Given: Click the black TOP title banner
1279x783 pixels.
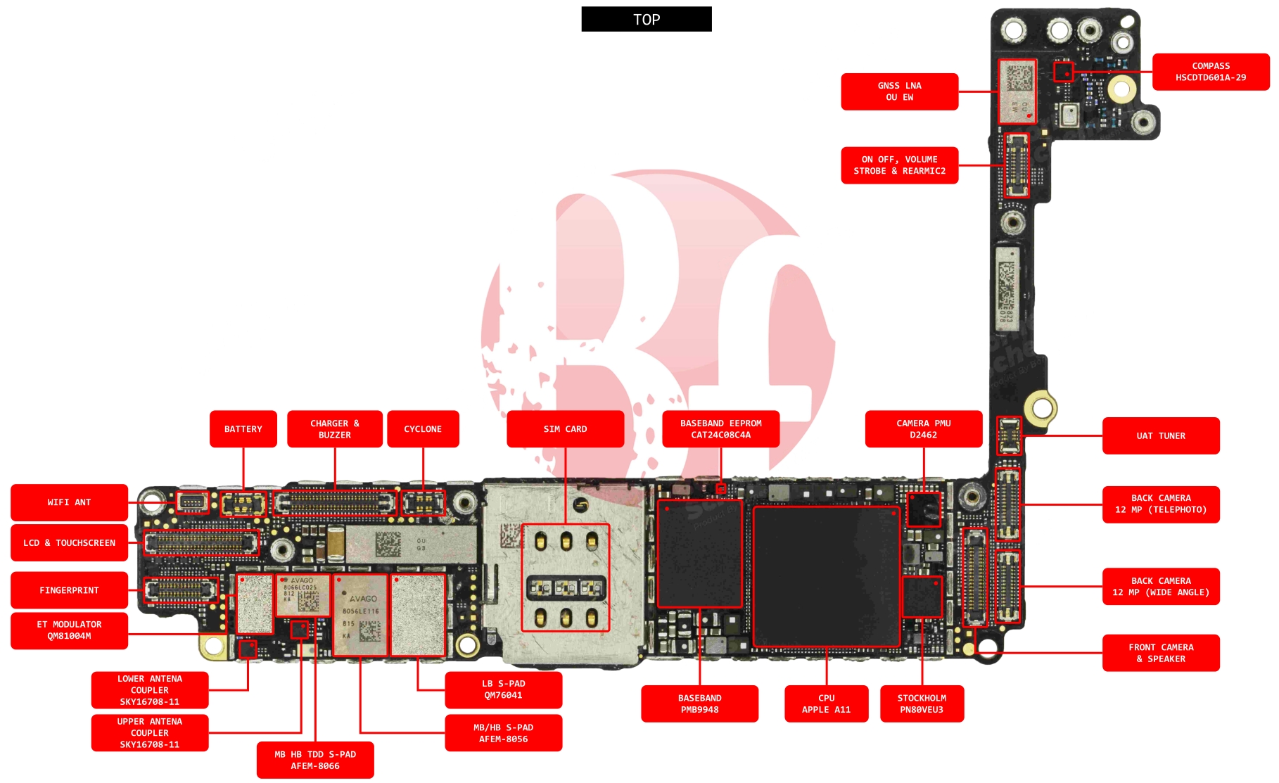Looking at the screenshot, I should click(x=646, y=19).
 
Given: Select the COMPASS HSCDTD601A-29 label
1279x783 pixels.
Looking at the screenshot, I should click(x=1210, y=72).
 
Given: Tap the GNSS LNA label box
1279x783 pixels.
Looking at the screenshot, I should click(x=899, y=91).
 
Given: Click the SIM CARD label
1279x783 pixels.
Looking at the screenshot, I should click(x=565, y=428).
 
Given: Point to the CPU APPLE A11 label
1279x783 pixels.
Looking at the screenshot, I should click(x=826, y=704).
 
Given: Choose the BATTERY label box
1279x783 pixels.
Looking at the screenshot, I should click(x=243, y=428).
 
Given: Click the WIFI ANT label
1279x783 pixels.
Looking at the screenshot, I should click(x=69, y=502).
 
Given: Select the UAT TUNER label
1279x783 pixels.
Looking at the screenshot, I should click(x=1160, y=435).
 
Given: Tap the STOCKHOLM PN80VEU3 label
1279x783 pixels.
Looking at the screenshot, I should click(x=922, y=704).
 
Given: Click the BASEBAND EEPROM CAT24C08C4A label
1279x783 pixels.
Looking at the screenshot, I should click(x=720, y=428).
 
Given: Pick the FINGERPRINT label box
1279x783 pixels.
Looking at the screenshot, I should click(x=69, y=590).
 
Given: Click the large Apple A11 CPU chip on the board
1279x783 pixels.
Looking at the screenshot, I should click(x=826, y=576).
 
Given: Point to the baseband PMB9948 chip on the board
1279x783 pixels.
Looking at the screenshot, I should click(x=699, y=554).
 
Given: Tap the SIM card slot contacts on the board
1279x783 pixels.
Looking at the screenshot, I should click(x=565, y=578).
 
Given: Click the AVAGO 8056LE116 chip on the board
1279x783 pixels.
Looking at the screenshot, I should click(x=360, y=615).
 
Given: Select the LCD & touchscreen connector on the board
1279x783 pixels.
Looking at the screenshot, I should click(x=201, y=542).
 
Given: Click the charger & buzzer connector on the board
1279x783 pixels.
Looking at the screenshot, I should click(x=335, y=503).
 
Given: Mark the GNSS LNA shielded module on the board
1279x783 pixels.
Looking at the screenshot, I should click(x=1017, y=91).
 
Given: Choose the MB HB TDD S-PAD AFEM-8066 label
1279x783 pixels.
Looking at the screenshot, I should click(x=315, y=760).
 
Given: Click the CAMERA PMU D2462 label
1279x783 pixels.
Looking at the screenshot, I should click(x=923, y=428).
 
